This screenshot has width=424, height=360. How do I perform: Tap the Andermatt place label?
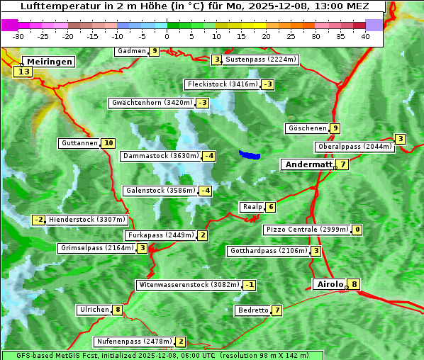pos(308,164)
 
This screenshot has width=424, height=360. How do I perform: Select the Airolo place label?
pos(330,284)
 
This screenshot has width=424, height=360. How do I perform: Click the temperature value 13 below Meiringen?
pos(24,72)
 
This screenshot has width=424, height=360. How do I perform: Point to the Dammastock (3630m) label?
pos(161,156)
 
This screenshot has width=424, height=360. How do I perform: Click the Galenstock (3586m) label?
pos(160,191)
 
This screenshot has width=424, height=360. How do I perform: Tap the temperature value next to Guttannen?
pos(108,143)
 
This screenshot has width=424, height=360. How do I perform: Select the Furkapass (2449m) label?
pos(160,235)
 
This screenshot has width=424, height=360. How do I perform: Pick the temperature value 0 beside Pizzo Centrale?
pos(357,230)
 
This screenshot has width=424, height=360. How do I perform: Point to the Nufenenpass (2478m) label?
pos(134,342)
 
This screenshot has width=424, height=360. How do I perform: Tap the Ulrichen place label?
pos(94,310)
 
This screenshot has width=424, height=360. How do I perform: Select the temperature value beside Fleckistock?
pos(267,85)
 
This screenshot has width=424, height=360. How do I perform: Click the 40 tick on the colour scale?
pos(365,36)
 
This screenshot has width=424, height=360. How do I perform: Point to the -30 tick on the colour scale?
pos(18,36)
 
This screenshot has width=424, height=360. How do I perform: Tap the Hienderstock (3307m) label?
pos(87,220)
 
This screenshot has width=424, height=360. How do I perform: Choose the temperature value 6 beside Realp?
pos(271,207)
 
